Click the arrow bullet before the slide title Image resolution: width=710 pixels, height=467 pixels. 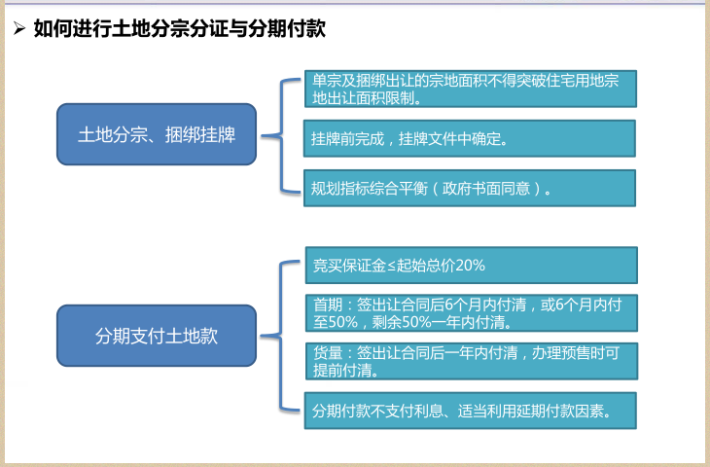[19, 28]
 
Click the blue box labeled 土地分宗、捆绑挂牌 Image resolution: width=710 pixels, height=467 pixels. [157, 134]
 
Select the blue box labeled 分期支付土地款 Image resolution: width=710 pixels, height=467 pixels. [157, 336]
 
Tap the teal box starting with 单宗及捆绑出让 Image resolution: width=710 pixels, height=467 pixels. [471, 89]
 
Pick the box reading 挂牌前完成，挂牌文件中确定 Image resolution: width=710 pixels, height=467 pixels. [470, 138]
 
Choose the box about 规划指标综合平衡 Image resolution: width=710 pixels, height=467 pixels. [470, 188]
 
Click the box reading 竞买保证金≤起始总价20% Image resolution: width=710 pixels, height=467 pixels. [472, 265]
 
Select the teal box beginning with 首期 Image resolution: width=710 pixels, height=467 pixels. [472, 313]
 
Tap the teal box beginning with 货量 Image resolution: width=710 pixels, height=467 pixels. [472, 361]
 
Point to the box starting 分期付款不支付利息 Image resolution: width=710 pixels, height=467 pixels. [471, 411]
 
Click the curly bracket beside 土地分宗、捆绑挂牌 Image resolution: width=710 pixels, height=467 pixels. [281, 135]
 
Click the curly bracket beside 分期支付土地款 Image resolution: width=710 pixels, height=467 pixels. [281, 336]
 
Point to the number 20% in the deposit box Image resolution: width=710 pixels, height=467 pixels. [470, 265]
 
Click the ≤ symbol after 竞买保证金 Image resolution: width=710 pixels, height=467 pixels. [392, 266]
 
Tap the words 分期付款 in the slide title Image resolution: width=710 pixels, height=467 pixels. [287, 28]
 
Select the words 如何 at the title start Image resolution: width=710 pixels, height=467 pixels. [53, 28]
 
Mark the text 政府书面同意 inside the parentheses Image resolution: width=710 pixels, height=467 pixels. [486, 188]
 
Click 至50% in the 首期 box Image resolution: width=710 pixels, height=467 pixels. [336, 322]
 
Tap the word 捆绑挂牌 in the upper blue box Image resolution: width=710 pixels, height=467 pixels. [200, 134]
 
